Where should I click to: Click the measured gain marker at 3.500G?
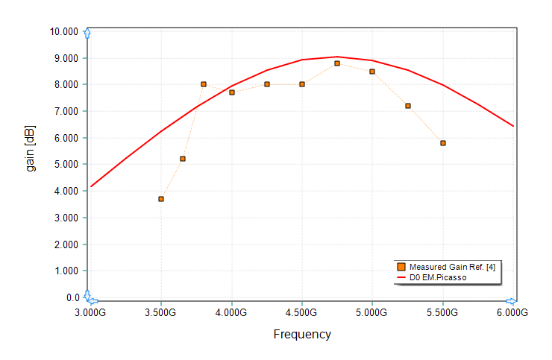(161, 199)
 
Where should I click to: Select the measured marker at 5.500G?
(443, 143)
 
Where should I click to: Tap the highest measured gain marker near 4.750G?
(337, 63)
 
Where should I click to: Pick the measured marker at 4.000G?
(232, 92)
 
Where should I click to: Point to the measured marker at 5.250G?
(408, 106)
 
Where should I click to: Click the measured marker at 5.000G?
(372, 72)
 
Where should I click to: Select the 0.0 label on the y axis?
(72, 297)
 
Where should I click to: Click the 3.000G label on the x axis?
(90, 313)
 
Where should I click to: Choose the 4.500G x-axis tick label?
(302, 313)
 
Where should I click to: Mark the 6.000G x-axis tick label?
(513, 313)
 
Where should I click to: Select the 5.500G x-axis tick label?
(443, 313)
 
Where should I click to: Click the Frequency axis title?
(302, 335)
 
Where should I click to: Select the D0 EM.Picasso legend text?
(438, 277)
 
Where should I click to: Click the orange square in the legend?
(401, 267)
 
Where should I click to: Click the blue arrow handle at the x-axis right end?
(512, 300)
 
